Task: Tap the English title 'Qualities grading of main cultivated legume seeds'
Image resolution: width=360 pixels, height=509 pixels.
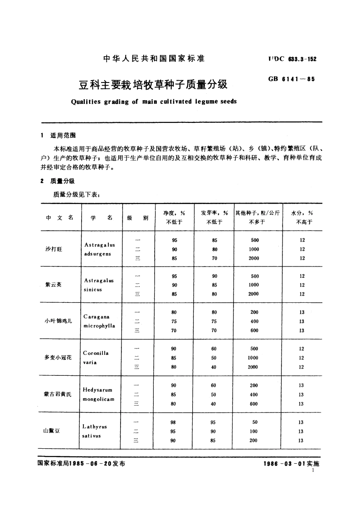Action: (x=154, y=102)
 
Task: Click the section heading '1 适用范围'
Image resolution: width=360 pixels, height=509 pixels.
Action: (x=59, y=136)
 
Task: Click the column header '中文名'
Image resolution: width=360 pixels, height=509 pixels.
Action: (x=59, y=218)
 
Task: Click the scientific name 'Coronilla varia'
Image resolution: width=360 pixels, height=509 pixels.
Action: (x=96, y=358)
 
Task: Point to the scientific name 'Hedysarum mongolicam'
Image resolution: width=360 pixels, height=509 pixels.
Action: (x=98, y=394)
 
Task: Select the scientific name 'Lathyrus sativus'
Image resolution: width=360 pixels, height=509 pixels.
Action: (x=95, y=431)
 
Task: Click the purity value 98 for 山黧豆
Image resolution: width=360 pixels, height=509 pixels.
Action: (x=174, y=422)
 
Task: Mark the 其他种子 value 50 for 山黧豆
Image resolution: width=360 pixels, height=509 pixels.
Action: (x=254, y=422)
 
